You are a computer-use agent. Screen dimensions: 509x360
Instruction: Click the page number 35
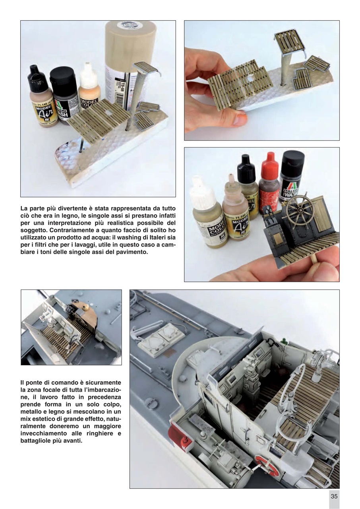pos(334,496)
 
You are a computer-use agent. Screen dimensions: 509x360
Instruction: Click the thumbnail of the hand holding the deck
pos(261,80)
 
